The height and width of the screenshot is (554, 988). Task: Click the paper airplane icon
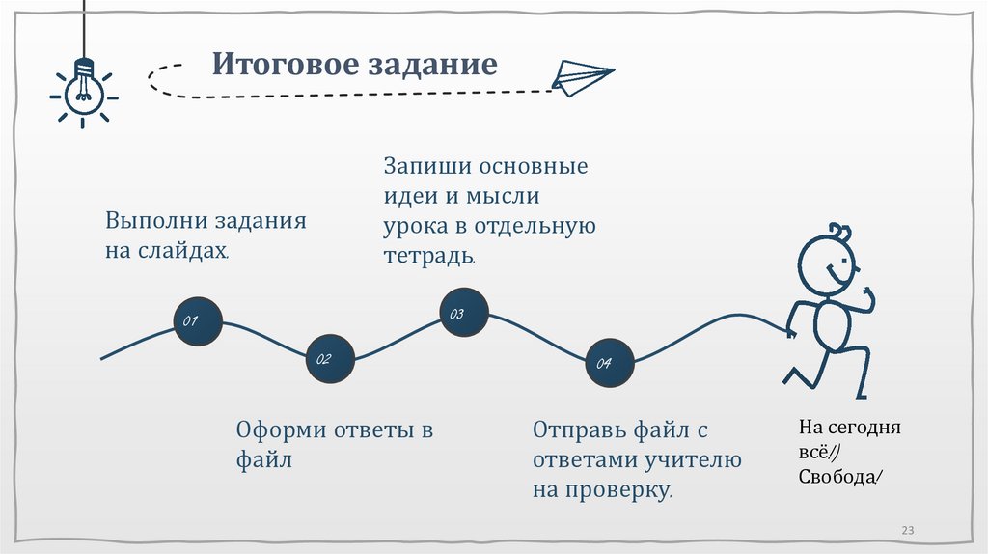tap(582, 77)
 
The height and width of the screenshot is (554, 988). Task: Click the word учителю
tap(686, 459)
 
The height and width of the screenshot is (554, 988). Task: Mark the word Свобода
tap(837, 478)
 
